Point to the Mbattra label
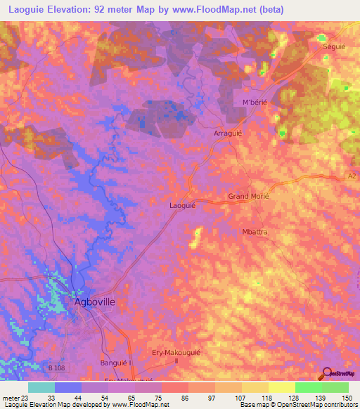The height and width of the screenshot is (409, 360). (256, 231)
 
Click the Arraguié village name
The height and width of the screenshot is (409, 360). (228, 132)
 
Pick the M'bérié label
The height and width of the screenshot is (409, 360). (256, 103)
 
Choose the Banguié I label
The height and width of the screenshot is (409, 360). (117, 363)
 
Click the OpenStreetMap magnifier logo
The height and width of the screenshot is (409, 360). (326, 375)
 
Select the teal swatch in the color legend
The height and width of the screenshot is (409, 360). (41, 387)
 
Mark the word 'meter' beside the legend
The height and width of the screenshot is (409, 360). (10, 397)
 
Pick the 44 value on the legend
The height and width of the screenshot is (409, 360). (77, 397)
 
